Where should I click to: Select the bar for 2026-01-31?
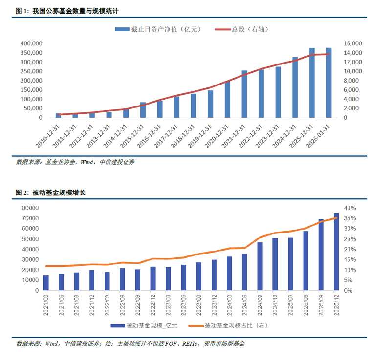(329, 83)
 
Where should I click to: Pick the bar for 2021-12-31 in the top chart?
(244, 94)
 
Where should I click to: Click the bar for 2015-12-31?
(143, 110)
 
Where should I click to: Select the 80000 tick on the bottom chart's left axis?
(30, 208)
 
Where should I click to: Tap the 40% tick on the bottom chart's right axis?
(351, 208)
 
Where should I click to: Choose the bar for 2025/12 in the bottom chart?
(336, 252)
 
